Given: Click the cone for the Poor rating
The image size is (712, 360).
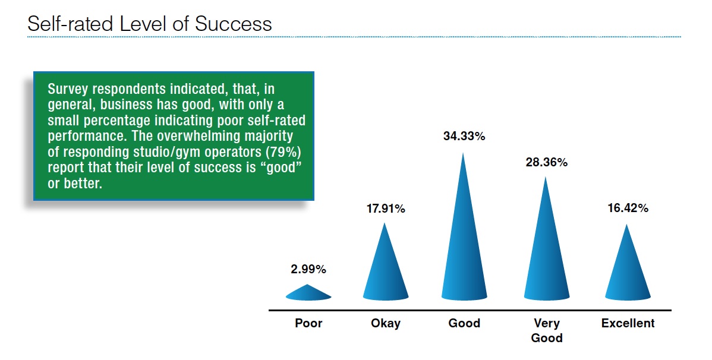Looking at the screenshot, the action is (x=308, y=293).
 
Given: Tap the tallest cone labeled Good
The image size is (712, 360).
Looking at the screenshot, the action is (x=464, y=236).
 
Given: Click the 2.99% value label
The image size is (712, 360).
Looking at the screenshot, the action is (x=308, y=269).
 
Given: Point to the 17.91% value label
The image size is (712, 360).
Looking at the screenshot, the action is (x=386, y=209).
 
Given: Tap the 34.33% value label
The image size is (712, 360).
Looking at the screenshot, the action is (x=464, y=136).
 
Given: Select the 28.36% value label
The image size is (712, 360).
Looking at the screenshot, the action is (x=547, y=163).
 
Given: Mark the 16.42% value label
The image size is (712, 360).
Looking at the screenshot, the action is (x=628, y=209).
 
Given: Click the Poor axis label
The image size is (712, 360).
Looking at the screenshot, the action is (x=308, y=323).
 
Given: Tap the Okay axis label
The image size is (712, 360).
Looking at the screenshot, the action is (x=386, y=323).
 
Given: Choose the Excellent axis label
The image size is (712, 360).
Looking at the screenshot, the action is (x=628, y=323).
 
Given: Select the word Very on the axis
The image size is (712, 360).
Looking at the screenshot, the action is (x=547, y=323).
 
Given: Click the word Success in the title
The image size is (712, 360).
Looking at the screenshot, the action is (x=234, y=24).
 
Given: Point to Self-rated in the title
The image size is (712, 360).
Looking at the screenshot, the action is (x=70, y=24).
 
